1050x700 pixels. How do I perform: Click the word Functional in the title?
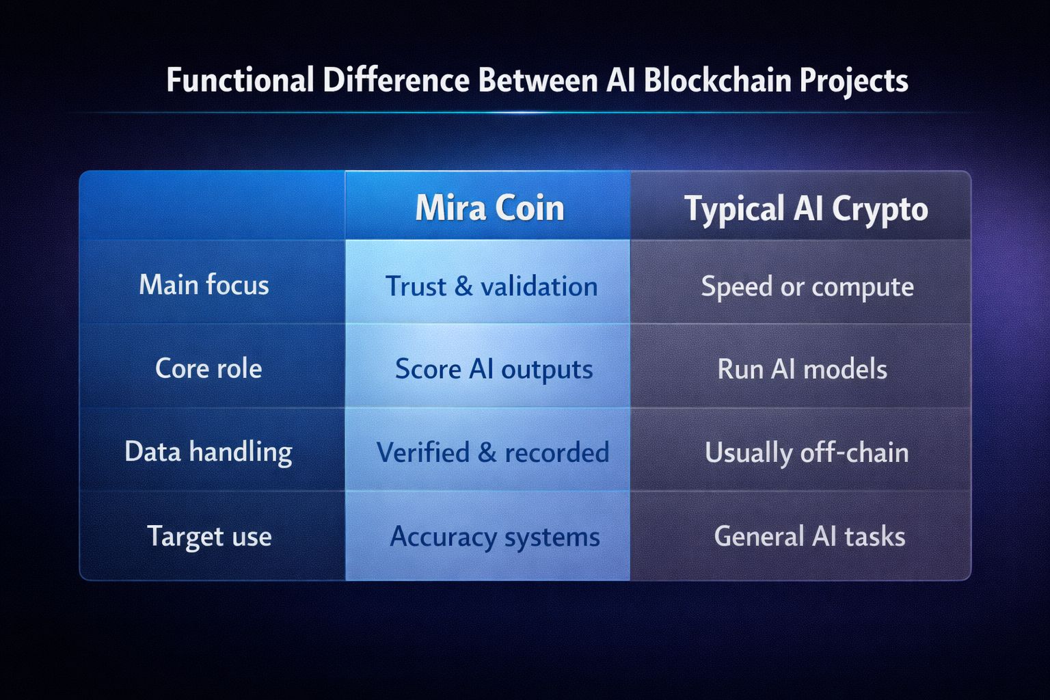240,80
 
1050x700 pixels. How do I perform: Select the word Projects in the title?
854,81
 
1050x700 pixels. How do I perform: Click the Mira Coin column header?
489,208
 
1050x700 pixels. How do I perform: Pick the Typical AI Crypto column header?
806,208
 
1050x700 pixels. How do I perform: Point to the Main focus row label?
204,284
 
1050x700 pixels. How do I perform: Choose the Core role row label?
208,368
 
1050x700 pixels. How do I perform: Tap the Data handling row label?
208,452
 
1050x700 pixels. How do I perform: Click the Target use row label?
209,536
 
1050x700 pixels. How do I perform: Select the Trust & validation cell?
491,286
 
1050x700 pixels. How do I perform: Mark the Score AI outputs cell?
494,369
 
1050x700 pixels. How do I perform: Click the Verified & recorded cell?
492,453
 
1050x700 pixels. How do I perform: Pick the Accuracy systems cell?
494,537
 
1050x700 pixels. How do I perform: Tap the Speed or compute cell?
807,286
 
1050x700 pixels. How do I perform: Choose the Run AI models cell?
802,369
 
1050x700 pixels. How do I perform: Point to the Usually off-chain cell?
807,453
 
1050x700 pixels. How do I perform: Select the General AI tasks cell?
809,536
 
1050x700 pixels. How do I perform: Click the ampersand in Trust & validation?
463,286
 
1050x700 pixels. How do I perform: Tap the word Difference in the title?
396,80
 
